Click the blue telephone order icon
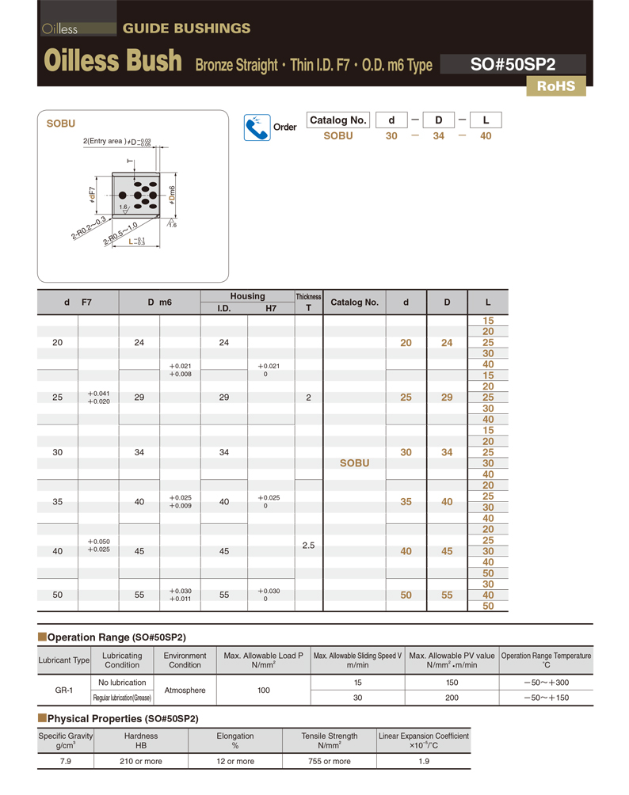256,127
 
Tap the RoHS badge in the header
555,86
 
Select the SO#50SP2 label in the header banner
512,64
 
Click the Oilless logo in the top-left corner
60,29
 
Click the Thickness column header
308,302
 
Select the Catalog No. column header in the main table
354,302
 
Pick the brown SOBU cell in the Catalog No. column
354,463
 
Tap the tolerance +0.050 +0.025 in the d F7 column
98,546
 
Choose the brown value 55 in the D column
447,595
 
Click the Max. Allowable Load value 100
264,690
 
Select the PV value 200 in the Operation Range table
452,698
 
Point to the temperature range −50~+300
546,683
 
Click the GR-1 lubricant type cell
64,690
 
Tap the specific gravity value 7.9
66,761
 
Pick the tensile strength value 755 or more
329,761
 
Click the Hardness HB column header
141,740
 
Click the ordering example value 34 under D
438,136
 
